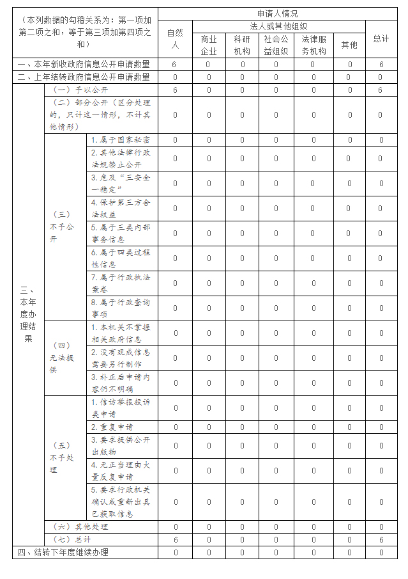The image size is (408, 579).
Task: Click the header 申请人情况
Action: (277, 13)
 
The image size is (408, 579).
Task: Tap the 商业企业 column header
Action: (209, 45)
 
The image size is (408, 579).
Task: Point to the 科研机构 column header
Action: (242, 45)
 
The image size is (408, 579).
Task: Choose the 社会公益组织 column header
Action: (276, 45)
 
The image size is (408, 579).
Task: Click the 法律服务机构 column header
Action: (314, 45)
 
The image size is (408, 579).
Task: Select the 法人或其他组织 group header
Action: (278, 26)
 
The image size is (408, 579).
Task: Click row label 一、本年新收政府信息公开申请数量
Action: (84, 65)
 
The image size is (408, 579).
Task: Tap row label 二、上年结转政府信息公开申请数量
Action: (84, 77)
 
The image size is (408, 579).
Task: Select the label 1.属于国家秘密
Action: (121, 139)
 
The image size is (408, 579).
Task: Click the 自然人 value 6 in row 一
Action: (174, 65)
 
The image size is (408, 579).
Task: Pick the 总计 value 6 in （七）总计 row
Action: (381, 539)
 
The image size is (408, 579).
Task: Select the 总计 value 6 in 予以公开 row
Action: (381, 90)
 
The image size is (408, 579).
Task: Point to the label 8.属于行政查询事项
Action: (121, 308)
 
